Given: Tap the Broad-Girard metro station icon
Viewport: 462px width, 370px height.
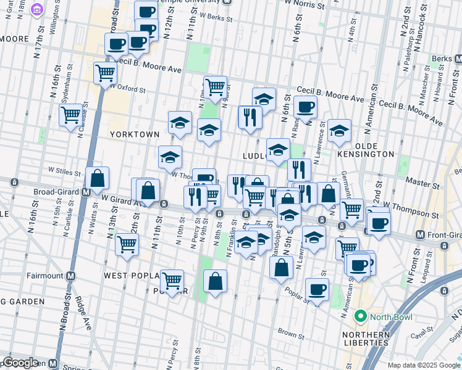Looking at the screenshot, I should tap(86, 192).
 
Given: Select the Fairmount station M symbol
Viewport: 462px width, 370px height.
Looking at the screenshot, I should tap(71, 275).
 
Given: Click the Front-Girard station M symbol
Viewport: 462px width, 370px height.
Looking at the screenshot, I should tap(420, 235).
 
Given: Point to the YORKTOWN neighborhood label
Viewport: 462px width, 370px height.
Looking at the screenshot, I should tap(135, 134).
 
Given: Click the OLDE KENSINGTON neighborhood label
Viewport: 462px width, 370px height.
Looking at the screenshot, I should tap(365, 154).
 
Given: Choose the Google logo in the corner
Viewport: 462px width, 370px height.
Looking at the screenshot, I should tap(20, 362).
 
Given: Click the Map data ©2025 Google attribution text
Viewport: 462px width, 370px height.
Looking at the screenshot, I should tap(423, 365).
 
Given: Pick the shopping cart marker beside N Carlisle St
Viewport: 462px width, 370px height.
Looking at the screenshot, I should tap(70, 114).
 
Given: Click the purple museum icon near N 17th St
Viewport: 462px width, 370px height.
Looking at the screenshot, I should tap(36, 9).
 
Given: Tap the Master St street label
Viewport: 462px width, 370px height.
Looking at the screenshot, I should tap(426, 184).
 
